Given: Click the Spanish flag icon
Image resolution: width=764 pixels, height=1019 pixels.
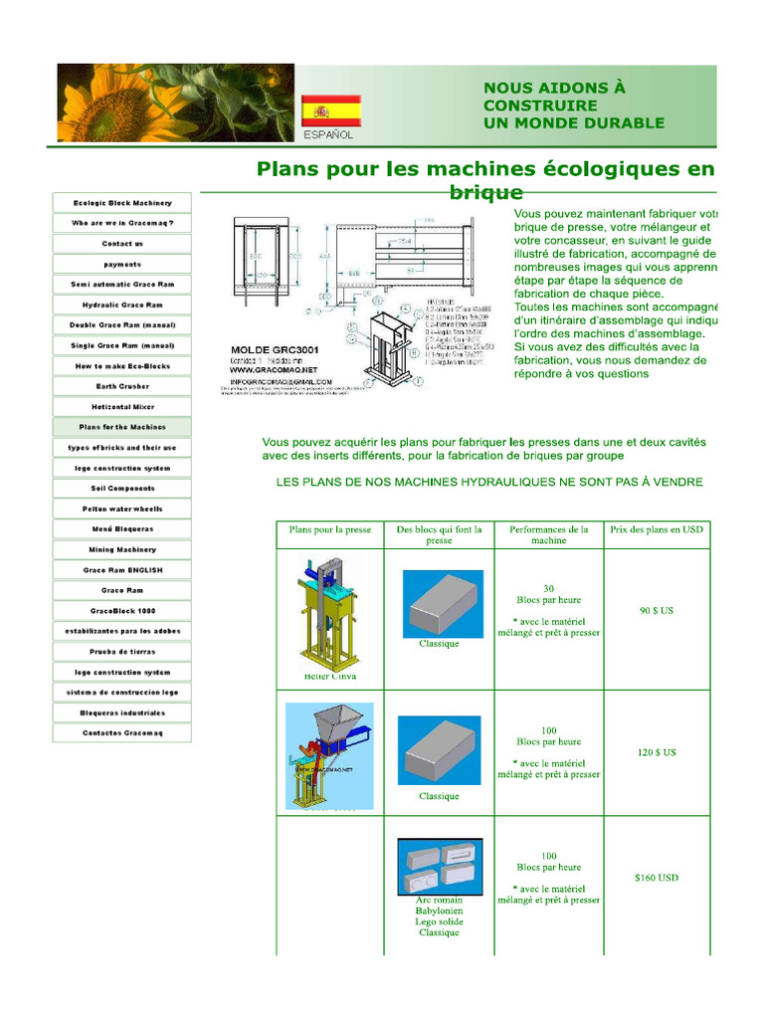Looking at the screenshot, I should [x=331, y=110].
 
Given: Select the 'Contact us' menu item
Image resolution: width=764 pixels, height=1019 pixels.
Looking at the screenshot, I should [x=122, y=244].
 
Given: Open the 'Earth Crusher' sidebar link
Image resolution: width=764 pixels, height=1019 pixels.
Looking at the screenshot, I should [x=122, y=386].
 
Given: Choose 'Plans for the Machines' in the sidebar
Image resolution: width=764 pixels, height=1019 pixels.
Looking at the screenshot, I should [x=122, y=427].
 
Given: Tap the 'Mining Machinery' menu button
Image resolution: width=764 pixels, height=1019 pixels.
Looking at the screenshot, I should [x=122, y=549].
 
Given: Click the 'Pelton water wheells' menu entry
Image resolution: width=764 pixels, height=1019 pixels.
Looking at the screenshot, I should [x=122, y=509].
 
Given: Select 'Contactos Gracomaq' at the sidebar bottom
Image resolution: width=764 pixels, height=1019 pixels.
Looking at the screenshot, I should [x=122, y=733].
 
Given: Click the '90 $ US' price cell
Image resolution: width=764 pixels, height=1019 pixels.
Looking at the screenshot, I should [x=657, y=610].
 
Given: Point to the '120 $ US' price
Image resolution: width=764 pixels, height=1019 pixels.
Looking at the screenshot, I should [x=657, y=752].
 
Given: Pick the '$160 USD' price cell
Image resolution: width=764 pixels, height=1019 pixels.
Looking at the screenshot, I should [x=657, y=878].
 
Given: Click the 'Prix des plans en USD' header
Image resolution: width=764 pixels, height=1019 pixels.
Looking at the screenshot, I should [x=657, y=529].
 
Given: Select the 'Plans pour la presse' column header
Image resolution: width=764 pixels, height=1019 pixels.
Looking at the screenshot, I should [x=330, y=529].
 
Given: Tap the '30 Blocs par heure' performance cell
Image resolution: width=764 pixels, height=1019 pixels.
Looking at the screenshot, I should [x=549, y=594].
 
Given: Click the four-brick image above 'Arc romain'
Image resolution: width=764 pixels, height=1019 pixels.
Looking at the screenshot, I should [x=440, y=866].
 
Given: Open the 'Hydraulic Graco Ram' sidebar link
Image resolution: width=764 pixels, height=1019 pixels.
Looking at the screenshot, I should [x=122, y=305].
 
